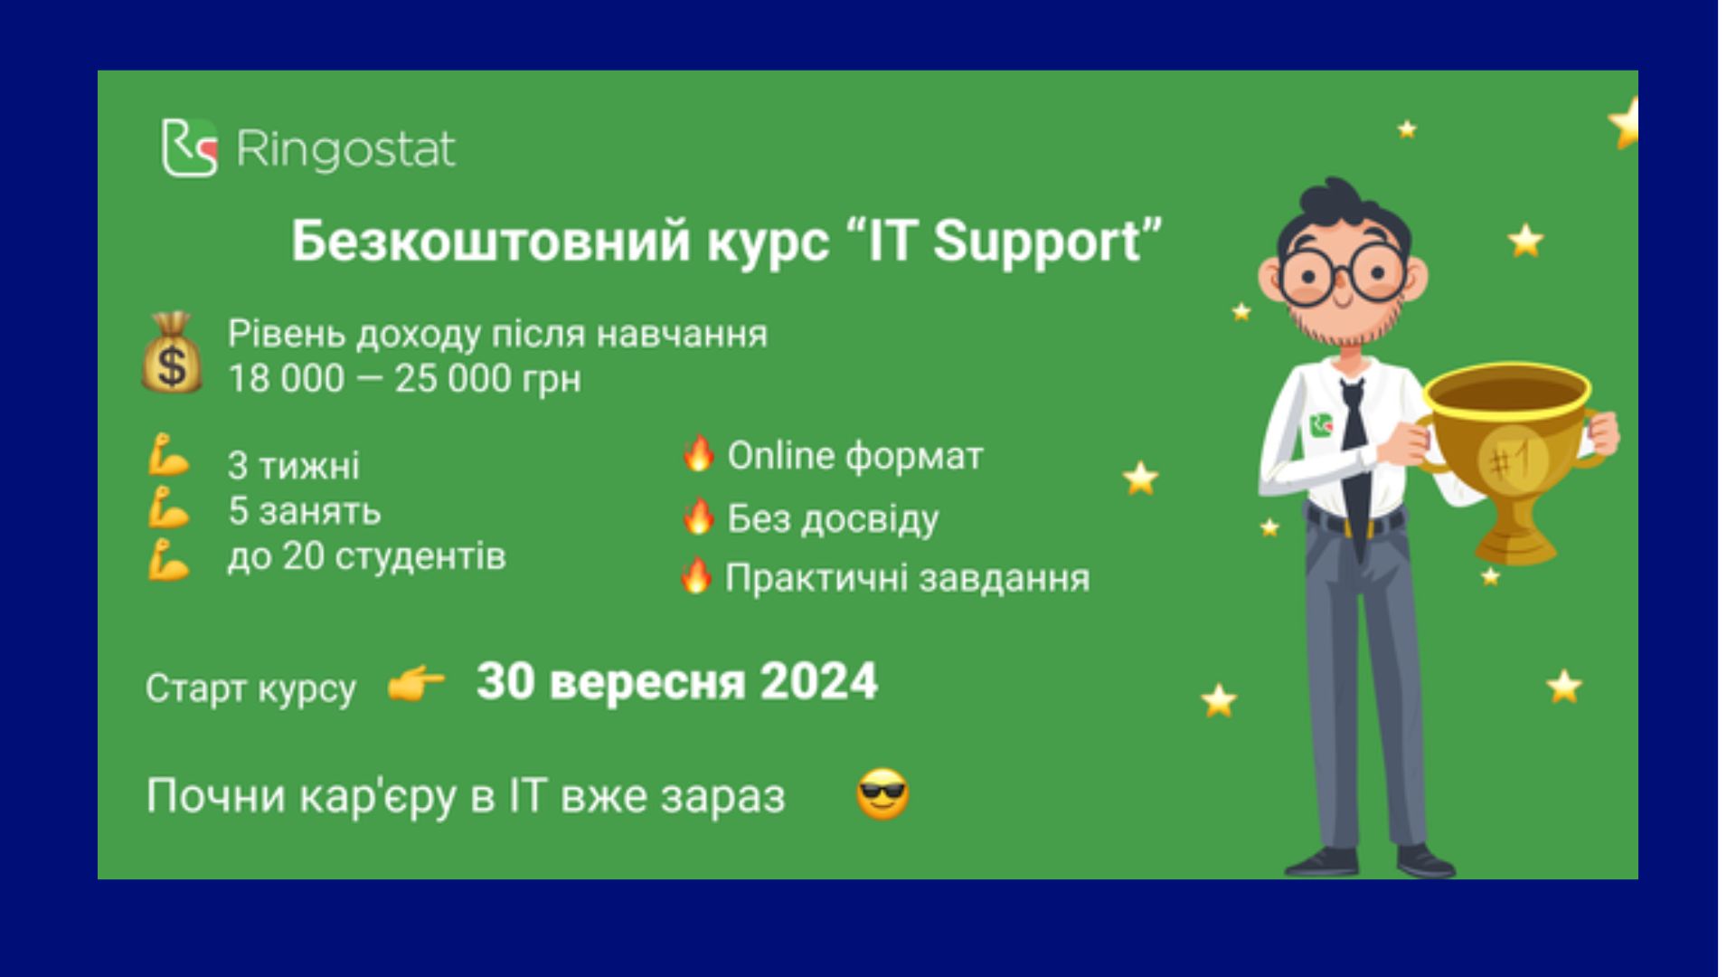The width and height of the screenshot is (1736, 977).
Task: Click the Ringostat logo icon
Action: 190,147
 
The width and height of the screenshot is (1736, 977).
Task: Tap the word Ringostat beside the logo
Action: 345,149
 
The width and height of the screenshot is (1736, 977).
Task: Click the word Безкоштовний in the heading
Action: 490,242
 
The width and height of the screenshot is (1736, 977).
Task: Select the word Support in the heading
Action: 1037,242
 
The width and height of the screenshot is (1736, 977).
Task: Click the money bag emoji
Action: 172,353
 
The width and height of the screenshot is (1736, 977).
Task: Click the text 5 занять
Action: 305,512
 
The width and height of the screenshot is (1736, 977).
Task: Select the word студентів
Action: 420,556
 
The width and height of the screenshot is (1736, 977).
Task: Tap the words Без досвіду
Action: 833,518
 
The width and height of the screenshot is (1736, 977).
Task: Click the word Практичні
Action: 816,577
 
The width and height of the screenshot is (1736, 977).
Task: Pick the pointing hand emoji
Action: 416,686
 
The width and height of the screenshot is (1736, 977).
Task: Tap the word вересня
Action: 647,682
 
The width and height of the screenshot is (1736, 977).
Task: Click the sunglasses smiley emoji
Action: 882,794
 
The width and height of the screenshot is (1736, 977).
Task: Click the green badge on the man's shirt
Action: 1322,424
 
